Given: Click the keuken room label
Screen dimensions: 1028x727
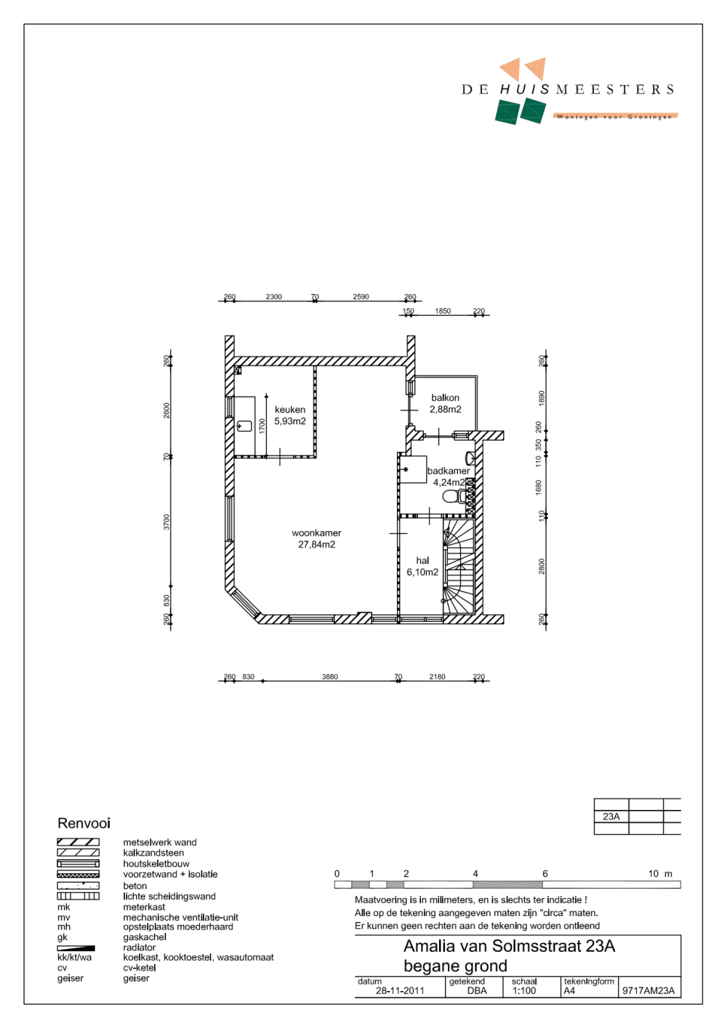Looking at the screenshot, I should (x=290, y=410).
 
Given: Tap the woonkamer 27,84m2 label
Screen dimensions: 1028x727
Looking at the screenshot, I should (x=316, y=538).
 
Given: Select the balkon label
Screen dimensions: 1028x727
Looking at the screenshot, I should (x=445, y=397).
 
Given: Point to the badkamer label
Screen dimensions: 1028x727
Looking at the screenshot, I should (x=448, y=471).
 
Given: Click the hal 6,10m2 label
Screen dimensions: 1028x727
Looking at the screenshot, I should (x=422, y=566).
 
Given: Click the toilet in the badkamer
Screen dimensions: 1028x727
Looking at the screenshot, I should (x=453, y=496).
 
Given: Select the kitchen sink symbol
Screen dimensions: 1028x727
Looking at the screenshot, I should (x=244, y=426).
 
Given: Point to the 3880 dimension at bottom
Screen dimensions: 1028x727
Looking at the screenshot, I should (x=330, y=676).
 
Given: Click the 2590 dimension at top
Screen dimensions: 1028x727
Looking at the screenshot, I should (x=361, y=296).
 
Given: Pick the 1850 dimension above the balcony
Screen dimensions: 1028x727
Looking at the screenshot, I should (x=443, y=311).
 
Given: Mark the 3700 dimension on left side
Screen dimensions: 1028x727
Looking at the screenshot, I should (x=166, y=522).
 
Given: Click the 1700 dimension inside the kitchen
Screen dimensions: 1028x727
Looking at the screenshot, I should (x=262, y=426).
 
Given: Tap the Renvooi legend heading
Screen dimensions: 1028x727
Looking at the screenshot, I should (x=84, y=823).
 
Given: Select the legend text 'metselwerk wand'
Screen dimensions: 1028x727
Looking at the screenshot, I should (x=160, y=843).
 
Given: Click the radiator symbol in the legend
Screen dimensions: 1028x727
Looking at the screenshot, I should (x=76, y=948).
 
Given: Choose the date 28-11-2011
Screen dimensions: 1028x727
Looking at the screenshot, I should (x=400, y=990).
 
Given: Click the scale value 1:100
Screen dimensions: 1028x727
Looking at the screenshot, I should (x=523, y=990).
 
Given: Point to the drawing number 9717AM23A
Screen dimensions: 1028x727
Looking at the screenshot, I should (x=648, y=990).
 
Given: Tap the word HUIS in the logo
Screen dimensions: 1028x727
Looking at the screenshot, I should (x=524, y=89).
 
